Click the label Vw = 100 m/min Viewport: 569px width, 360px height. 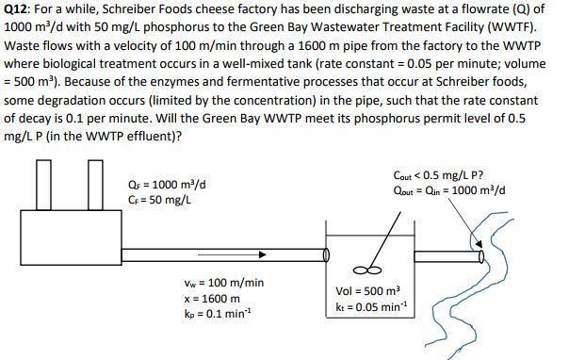[225, 282]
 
